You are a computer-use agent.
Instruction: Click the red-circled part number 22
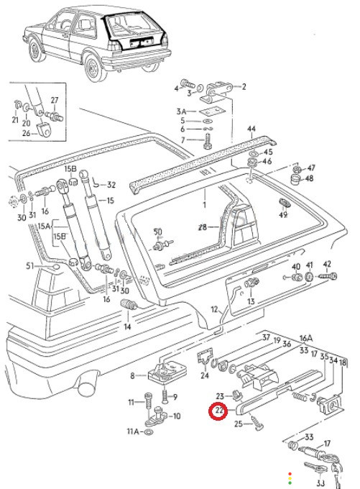coord(219,411)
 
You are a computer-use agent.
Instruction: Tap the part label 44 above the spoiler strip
coord(251,129)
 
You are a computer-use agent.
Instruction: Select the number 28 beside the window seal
coord(203,227)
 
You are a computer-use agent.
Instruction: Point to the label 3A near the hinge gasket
coord(181,111)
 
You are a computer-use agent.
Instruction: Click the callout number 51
coord(30,266)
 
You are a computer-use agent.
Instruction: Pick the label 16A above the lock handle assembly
coord(306,338)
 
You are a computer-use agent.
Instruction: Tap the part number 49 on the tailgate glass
coord(283,215)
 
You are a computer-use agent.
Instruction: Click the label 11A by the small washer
coord(134,431)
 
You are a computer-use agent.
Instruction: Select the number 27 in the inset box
coord(55,100)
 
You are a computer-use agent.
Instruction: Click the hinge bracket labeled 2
coord(219,91)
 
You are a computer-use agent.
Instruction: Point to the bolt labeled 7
coord(208,141)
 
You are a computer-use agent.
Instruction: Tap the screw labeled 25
coord(257,424)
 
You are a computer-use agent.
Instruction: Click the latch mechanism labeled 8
coord(167,372)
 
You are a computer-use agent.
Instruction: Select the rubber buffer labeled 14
coord(129,304)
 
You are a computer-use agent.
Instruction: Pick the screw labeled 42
coord(327,276)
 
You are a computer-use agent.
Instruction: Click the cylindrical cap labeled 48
coord(296,180)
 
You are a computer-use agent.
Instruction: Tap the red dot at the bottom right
coord(290,474)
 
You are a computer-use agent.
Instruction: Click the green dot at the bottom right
coord(290,483)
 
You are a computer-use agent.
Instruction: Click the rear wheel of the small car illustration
coord(93,68)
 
